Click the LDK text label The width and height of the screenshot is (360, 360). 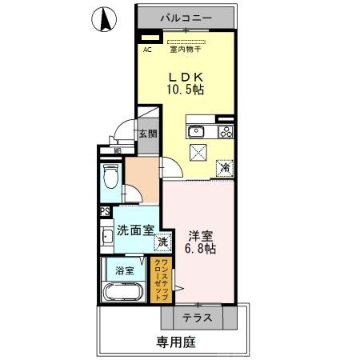point(185,76)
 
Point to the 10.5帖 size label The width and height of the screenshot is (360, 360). point(185,90)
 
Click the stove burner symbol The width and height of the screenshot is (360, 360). point(226,132)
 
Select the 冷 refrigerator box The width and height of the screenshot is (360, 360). point(226,167)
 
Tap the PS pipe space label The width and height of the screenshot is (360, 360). point(105,212)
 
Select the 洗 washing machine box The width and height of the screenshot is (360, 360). point(162,242)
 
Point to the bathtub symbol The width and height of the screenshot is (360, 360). point(124,290)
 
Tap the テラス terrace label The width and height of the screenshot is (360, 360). point(196,318)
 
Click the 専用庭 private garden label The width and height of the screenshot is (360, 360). point(176,342)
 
